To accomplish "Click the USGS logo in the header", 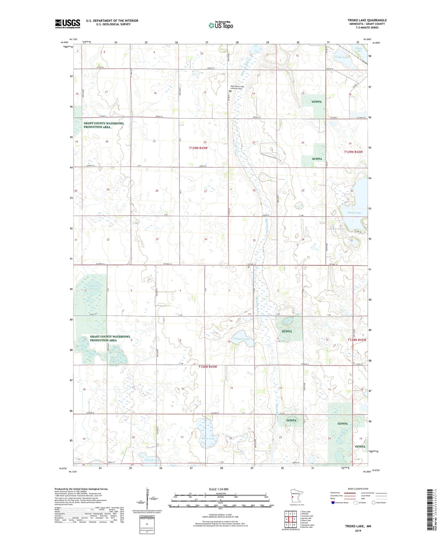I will (68, 24).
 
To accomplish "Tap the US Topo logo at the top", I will (221, 25).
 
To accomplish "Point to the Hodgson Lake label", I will (242, 339).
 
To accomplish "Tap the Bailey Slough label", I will (94, 287).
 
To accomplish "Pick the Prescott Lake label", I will (152, 460).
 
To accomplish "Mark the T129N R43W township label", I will (198, 148).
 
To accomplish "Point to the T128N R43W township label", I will (208, 367).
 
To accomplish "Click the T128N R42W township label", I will (357, 340).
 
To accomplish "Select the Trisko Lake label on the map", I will (341, 57).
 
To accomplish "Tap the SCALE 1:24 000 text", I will (218, 489).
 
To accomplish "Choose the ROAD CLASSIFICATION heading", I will (358, 489).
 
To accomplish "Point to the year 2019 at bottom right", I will (358, 531).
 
